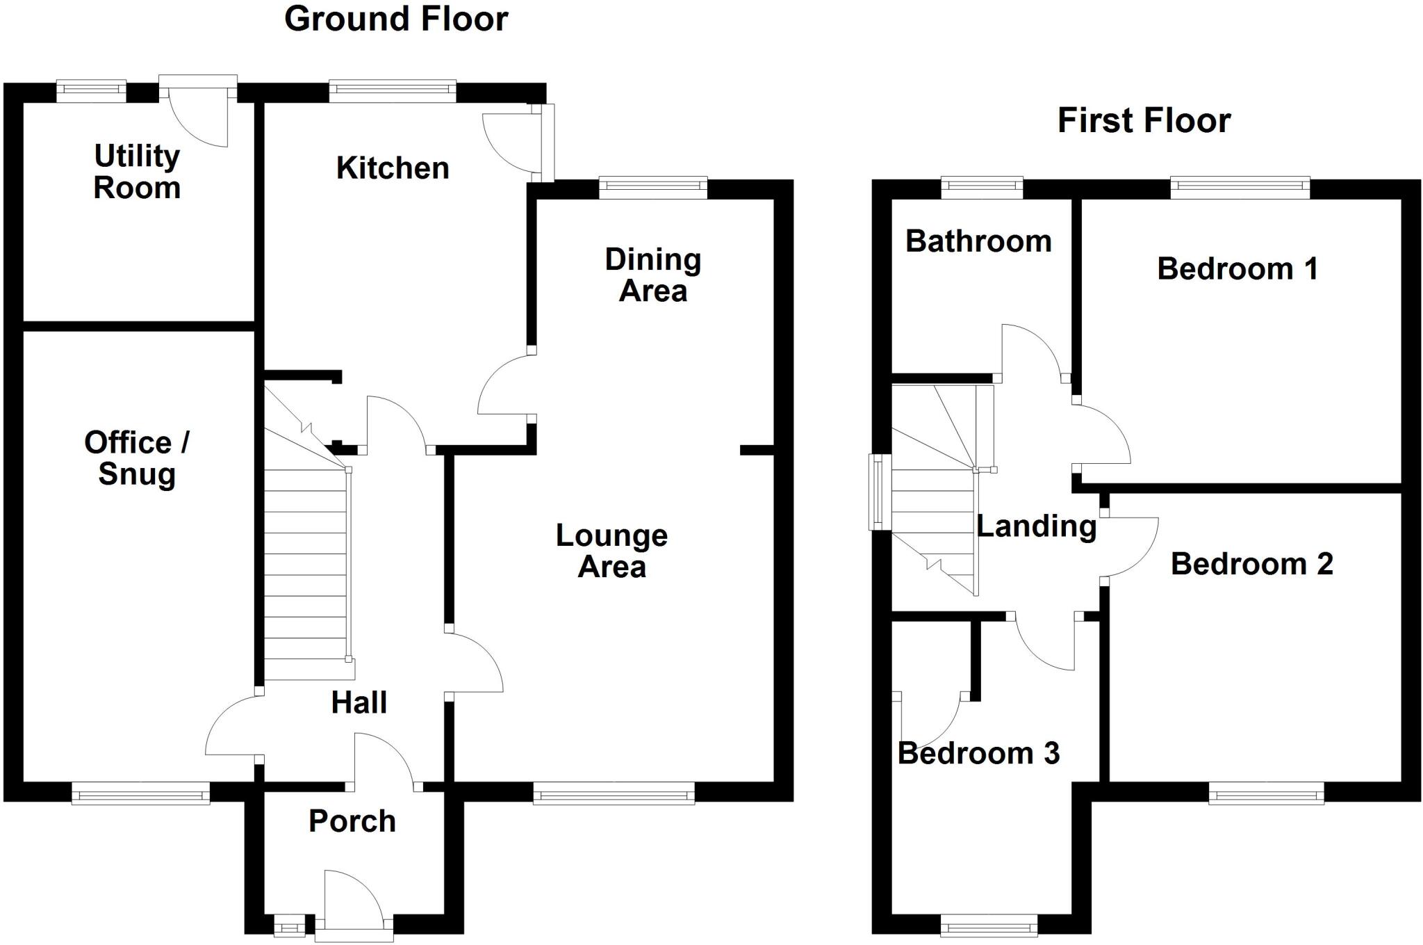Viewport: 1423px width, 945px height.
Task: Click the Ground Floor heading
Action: tap(396, 19)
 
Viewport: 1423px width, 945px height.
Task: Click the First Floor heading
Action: tap(1144, 121)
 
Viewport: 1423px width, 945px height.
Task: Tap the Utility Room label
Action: tap(137, 172)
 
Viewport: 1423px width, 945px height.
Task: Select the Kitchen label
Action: tap(393, 168)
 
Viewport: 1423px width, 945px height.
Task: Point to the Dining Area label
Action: tap(653, 275)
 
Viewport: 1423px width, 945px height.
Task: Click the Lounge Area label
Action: tap(611, 551)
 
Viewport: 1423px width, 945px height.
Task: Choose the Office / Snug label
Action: tap(137, 458)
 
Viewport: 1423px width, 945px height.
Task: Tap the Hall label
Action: tap(359, 703)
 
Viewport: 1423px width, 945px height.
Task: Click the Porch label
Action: tap(352, 821)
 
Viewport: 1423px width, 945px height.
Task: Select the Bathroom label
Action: tap(978, 242)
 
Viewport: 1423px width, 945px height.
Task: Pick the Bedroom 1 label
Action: tap(1237, 269)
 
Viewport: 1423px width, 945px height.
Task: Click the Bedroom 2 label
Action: tap(1252, 564)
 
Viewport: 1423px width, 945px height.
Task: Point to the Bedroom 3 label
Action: tap(978, 754)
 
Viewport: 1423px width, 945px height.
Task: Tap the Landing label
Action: tap(1037, 526)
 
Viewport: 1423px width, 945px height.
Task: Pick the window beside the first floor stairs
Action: tap(880, 492)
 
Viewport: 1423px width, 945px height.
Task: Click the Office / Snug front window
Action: tap(140, 793)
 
